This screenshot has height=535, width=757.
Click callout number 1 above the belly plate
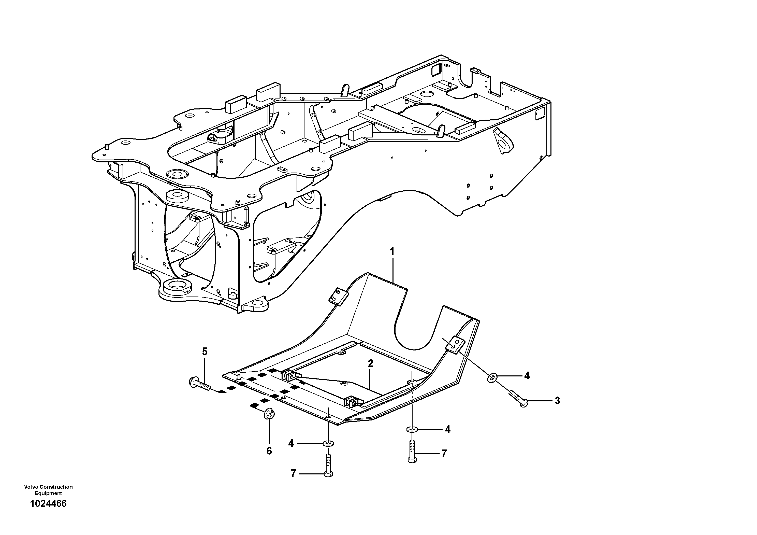pos(392,252)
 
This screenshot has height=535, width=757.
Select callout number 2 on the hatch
pos(371,363)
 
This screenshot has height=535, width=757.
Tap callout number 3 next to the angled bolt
pos(557,401)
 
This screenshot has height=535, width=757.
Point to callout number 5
pos(205,351)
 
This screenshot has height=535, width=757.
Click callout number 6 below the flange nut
pos(269,451)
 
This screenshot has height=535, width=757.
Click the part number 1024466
pos(48,513)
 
